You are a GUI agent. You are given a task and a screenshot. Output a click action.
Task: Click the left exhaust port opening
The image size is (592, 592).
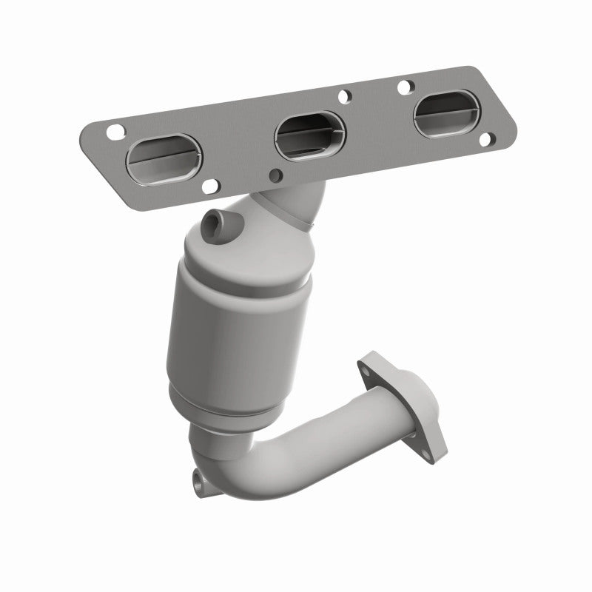164,157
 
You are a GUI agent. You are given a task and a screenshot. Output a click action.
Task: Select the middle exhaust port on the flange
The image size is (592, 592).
309,135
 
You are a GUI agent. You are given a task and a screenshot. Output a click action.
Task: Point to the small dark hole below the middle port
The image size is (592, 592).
276,175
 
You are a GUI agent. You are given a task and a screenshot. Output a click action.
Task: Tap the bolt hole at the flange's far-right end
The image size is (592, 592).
485,138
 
